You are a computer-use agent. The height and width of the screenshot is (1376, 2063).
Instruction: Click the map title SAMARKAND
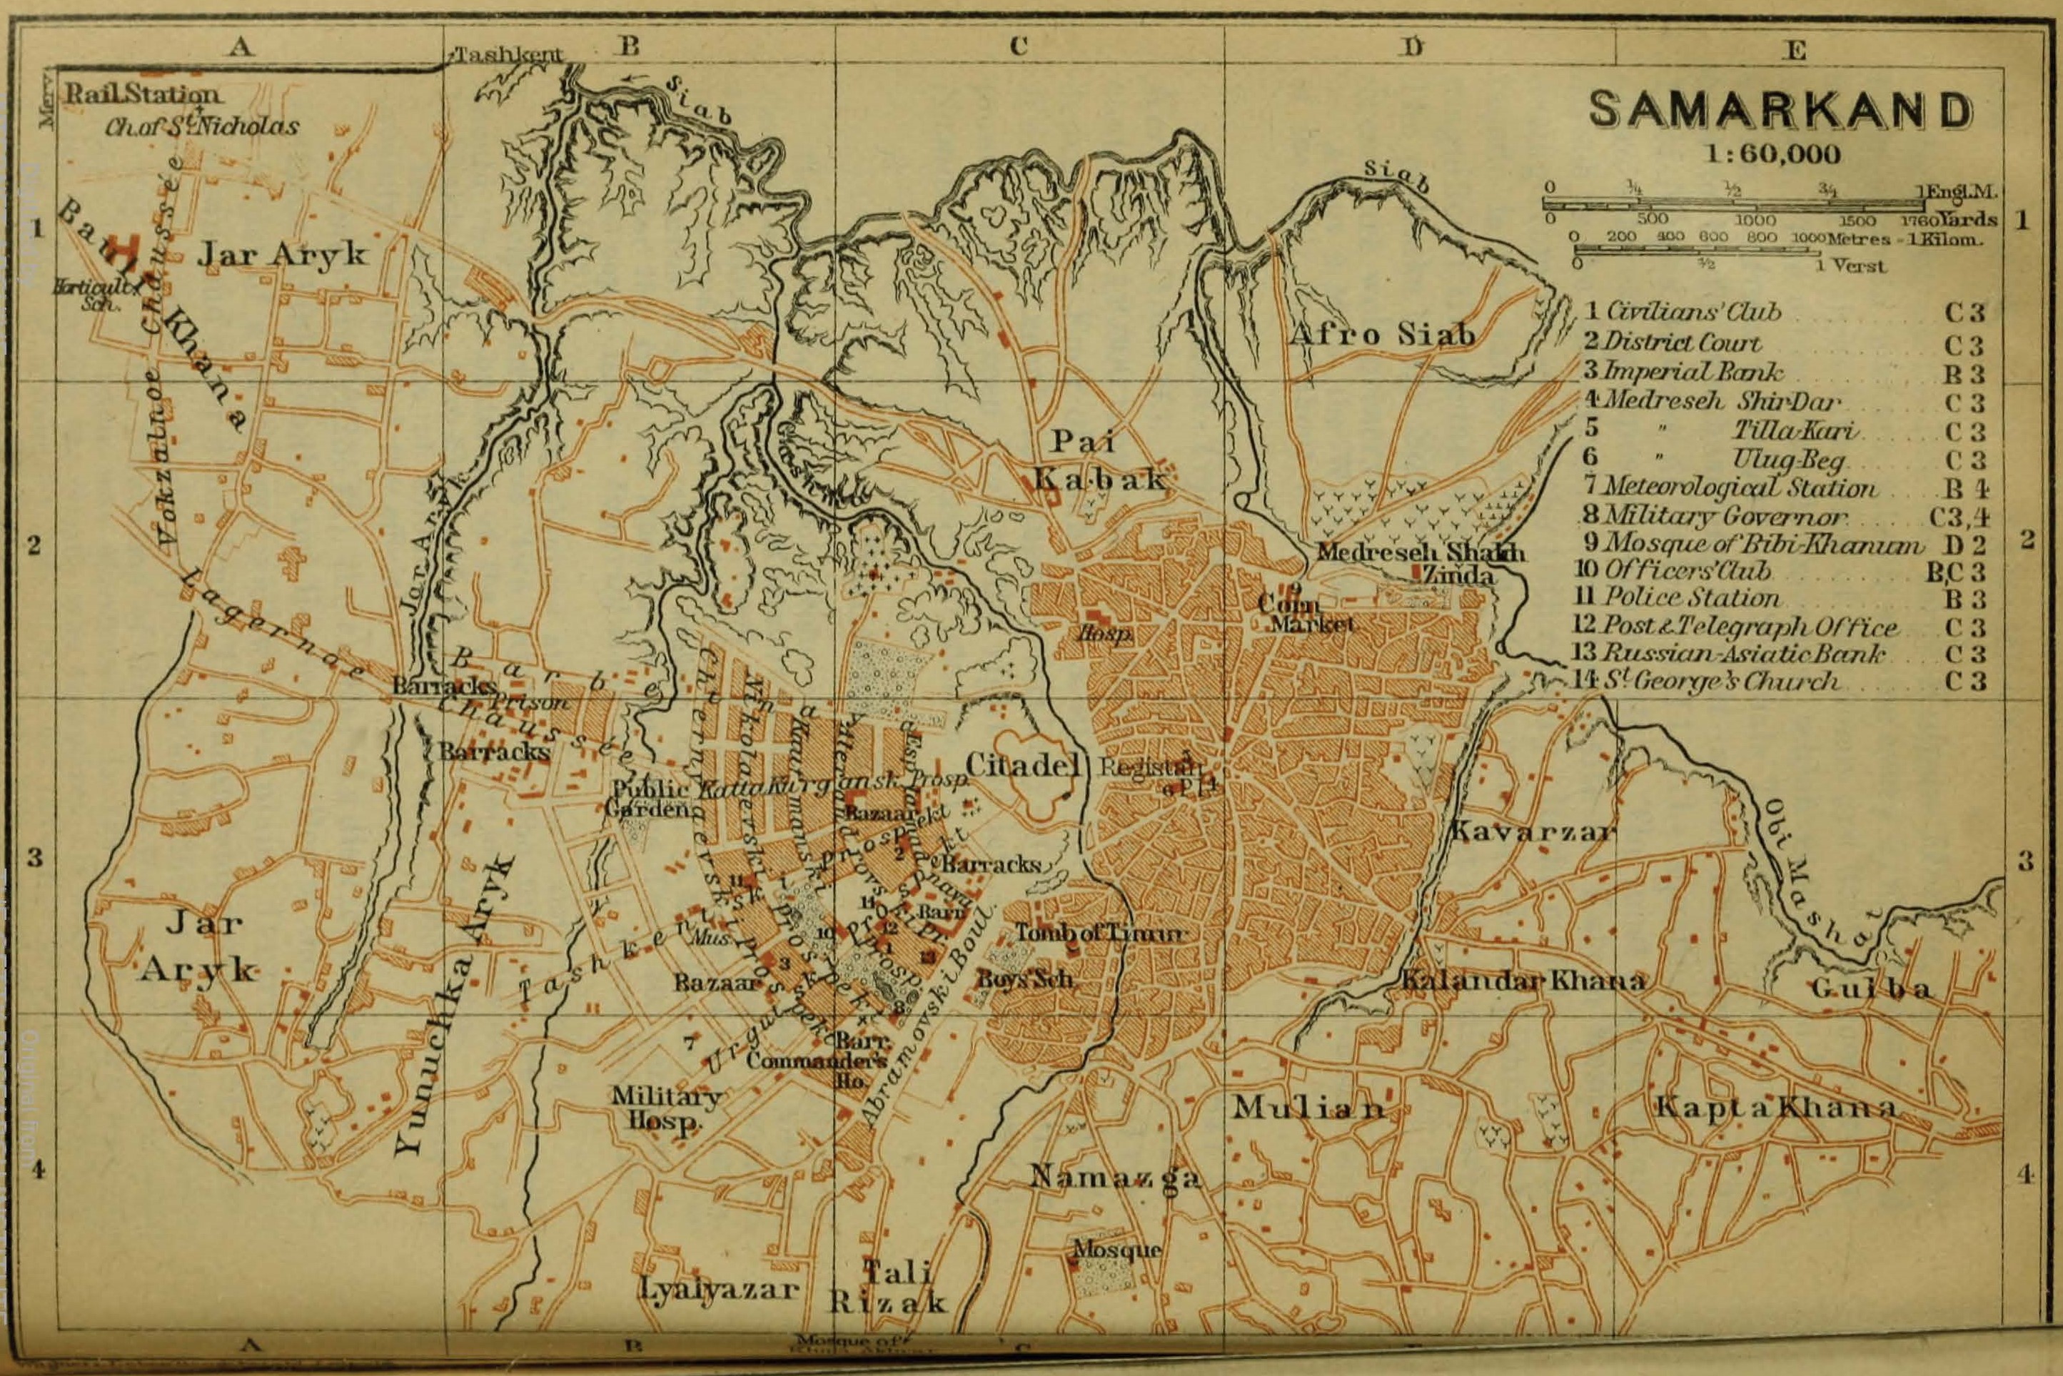[x=1781, y=111]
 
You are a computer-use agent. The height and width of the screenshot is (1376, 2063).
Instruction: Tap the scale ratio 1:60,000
[x=1772, y=154]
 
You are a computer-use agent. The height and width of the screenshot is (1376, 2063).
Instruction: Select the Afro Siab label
[x=1381, y=334]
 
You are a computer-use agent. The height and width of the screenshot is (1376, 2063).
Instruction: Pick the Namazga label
[x=1114, y=1176]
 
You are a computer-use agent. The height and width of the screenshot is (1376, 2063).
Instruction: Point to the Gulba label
[x=1871, y=989]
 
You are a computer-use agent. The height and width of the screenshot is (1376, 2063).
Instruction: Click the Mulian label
[x=1308, y=1108]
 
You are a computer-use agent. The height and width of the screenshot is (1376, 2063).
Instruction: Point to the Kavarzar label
[x=1530, y=830]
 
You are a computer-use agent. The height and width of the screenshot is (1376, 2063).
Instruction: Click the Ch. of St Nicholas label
[x=202, y=126]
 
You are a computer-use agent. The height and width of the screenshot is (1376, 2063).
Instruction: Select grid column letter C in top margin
[x=1018, y=46]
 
